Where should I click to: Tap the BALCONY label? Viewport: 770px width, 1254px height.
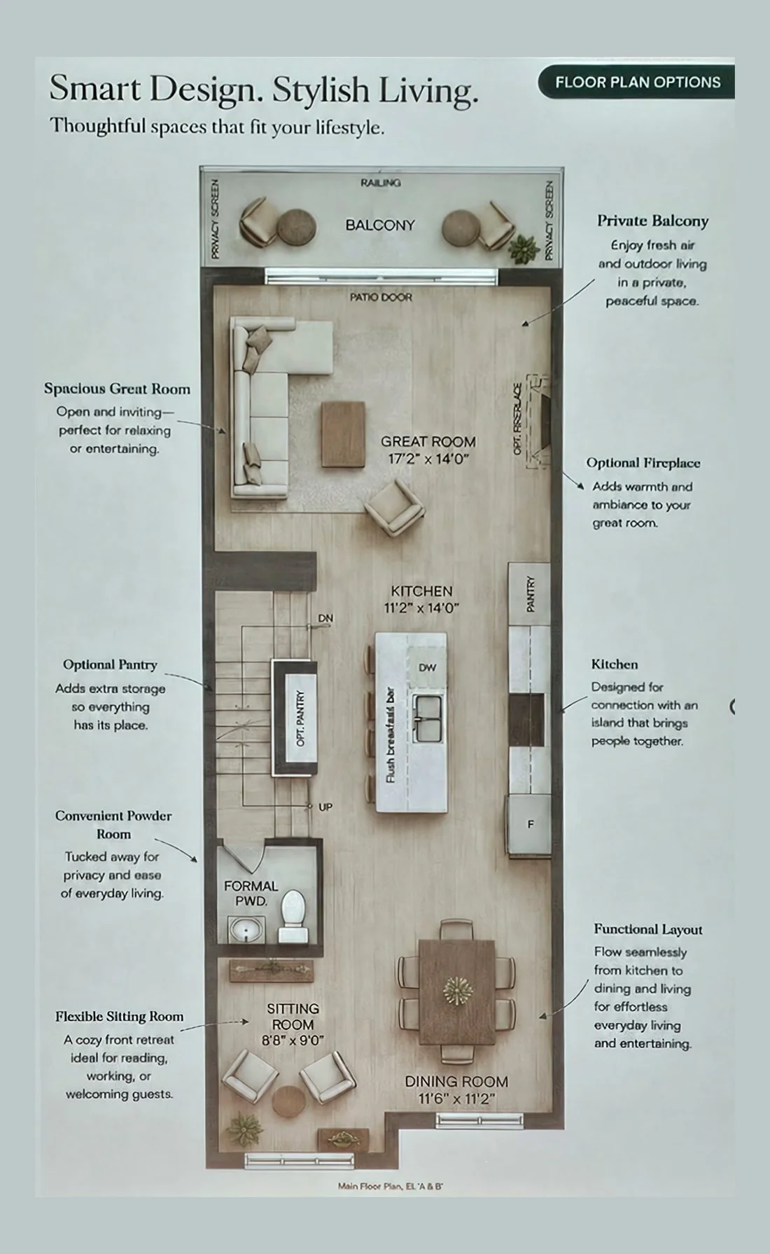(380, 225)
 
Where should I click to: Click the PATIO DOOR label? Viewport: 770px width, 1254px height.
(381, 297)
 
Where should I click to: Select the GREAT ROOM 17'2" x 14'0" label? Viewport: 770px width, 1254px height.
(428, 450)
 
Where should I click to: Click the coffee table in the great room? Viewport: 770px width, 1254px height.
(343, 434)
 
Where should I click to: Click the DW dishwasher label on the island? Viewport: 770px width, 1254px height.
(427, 667)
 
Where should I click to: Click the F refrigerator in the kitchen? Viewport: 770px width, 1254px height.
(529, 824)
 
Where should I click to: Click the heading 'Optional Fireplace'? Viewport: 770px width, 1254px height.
(643, 463)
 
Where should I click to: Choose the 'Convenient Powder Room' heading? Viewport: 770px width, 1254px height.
(113, 825)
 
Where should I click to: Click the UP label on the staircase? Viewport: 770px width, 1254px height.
(325, 807)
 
